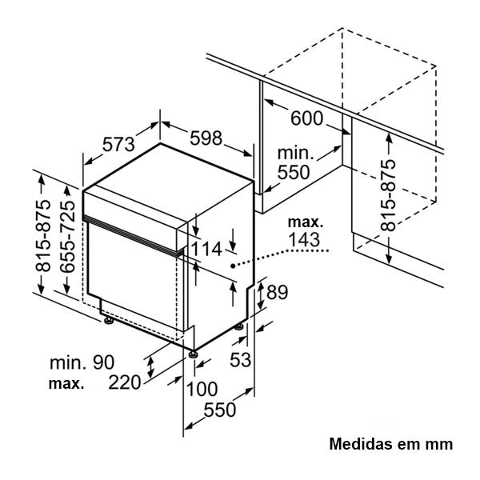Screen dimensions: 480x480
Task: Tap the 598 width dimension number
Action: click(x=206, y=138)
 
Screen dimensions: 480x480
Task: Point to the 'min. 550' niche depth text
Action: click(x=294, y=162)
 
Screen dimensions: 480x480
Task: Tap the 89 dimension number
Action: click(x=276, y=293)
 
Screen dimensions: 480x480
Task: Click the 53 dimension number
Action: click(x=240, y=360)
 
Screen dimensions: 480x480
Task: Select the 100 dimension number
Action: click(x=202, y=390)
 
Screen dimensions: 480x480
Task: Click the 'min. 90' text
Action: click(x=81, y=362)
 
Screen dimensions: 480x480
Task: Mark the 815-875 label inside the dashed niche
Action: click(x=388, y=194)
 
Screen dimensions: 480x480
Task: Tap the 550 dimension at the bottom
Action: click(x=219, y=410)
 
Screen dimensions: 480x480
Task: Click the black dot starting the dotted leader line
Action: click(x=233, y=265)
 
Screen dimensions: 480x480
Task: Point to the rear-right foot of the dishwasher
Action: click(x=239, y=327)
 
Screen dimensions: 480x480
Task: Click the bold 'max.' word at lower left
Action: click(x=66, y=384)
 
